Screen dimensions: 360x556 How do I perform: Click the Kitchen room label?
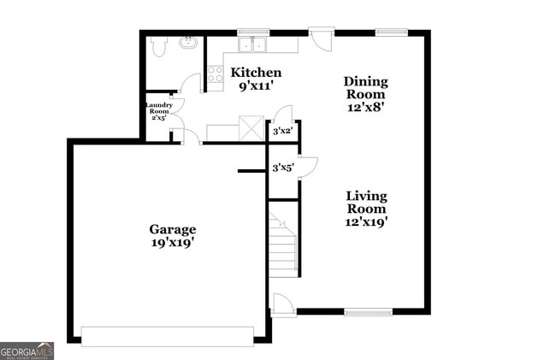tap(256, 73)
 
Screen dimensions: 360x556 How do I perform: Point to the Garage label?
tap(173, 229)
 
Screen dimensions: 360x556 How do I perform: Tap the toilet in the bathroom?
tap(158, 46)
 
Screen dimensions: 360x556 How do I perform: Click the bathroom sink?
tap(187, 41)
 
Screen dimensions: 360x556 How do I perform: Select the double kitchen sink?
tap(253, 44)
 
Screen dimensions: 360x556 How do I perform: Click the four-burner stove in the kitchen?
tap(215, 74)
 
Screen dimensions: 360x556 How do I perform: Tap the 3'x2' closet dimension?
tap(282, 131)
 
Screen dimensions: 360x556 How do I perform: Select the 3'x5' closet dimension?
tap(282, 168)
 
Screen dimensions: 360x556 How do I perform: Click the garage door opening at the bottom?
tap(168, 336)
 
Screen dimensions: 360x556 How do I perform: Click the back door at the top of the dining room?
tap(322, 38)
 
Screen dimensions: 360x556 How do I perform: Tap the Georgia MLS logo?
tap(27, 351)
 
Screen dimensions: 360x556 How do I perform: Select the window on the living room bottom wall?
tap(368, 312)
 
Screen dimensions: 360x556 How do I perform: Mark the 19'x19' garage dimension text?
tap(173, 242)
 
